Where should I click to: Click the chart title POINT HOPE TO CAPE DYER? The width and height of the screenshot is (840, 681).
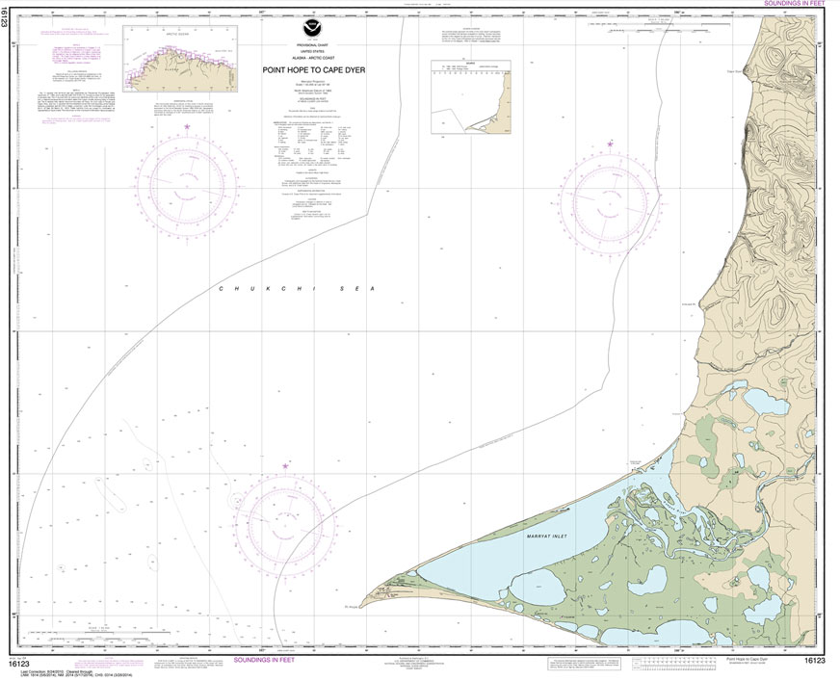click(313, 69)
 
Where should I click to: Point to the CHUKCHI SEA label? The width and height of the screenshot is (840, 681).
click(294, 289)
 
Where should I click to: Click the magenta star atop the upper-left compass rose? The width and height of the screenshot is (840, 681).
click(188, 126)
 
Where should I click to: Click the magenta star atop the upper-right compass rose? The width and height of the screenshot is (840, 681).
click(610, 144)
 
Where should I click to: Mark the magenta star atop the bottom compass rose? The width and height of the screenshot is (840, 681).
click(285, 466)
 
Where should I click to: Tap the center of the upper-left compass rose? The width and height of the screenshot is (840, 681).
click(188, 186)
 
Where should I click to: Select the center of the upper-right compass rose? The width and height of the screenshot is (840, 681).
click(610, 204)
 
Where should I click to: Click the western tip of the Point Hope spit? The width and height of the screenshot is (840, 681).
click(368, 596)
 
